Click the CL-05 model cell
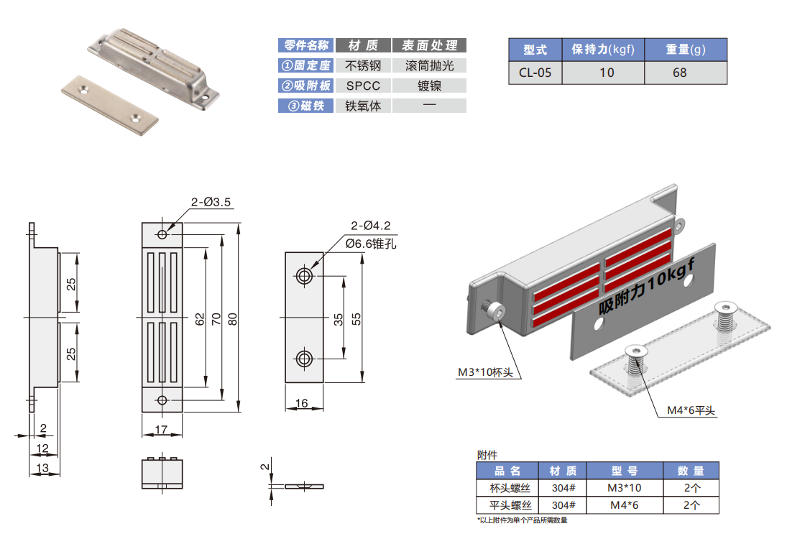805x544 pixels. (x=535, y=73)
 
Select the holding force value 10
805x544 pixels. (x=607, y=73)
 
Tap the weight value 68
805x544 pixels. (x=679, y=73)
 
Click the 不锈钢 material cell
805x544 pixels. (x=367, y=65)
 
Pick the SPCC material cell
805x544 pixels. (x=367, y=86)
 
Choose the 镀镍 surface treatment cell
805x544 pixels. (x=430, y=86)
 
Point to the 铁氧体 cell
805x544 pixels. (x=367, y=106)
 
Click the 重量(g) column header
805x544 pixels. (x=685, y=50)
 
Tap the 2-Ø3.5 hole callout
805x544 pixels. (x=211, y=203)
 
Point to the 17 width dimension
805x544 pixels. (x=162, y=430)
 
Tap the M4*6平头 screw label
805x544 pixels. (x=691, y=410)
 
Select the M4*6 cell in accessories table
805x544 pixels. (x=624, y=505)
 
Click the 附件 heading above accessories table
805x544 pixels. (x=487, y=455)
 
